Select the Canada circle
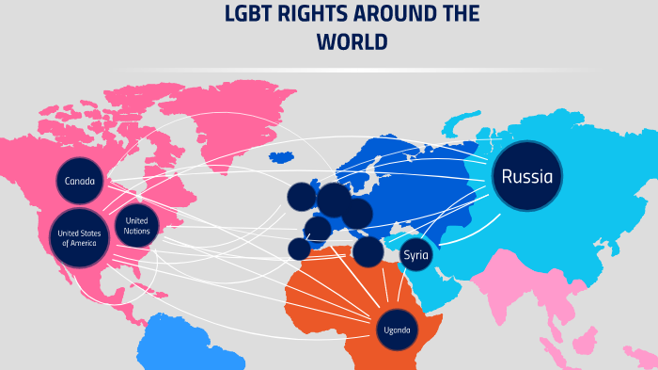point(80,181)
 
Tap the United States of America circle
point(81,237)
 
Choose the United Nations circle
point(136,225)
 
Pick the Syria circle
point(415,255)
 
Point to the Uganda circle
point(395,330)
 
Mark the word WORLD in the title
point(352,42)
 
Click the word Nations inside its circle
point(136,231)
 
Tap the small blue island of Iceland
point(280,157)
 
